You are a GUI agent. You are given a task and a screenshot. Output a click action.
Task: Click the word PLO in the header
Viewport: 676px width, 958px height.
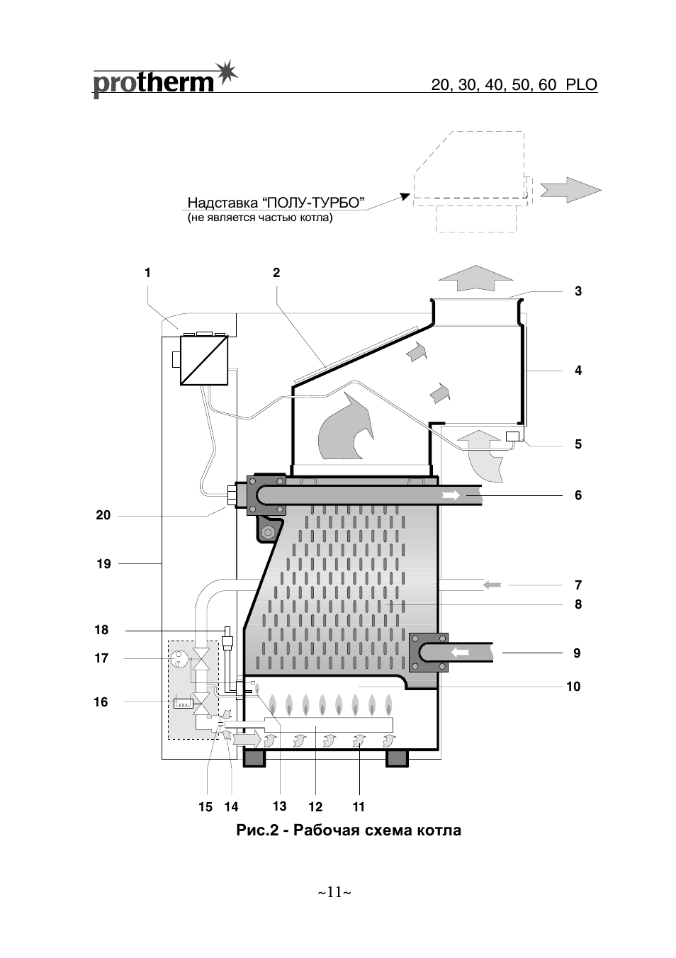click(x=581, y=85)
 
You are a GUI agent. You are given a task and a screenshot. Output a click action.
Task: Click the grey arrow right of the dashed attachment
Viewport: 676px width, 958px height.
click(x=571, y=190)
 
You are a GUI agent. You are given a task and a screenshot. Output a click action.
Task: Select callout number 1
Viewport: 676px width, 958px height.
click(x=147, y=272)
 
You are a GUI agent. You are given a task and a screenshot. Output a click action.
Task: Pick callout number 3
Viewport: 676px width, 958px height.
click(x=578, y=291)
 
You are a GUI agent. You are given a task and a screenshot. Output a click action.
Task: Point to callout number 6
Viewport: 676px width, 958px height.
click(x=578, y=495)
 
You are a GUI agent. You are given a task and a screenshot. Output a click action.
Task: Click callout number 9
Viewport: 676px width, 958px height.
click(x=577, y=653)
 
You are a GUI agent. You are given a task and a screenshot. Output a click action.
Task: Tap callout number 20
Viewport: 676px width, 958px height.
click(x=103, y=515)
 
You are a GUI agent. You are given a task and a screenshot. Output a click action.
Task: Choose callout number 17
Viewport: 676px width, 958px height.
click(x=101, y=658)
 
